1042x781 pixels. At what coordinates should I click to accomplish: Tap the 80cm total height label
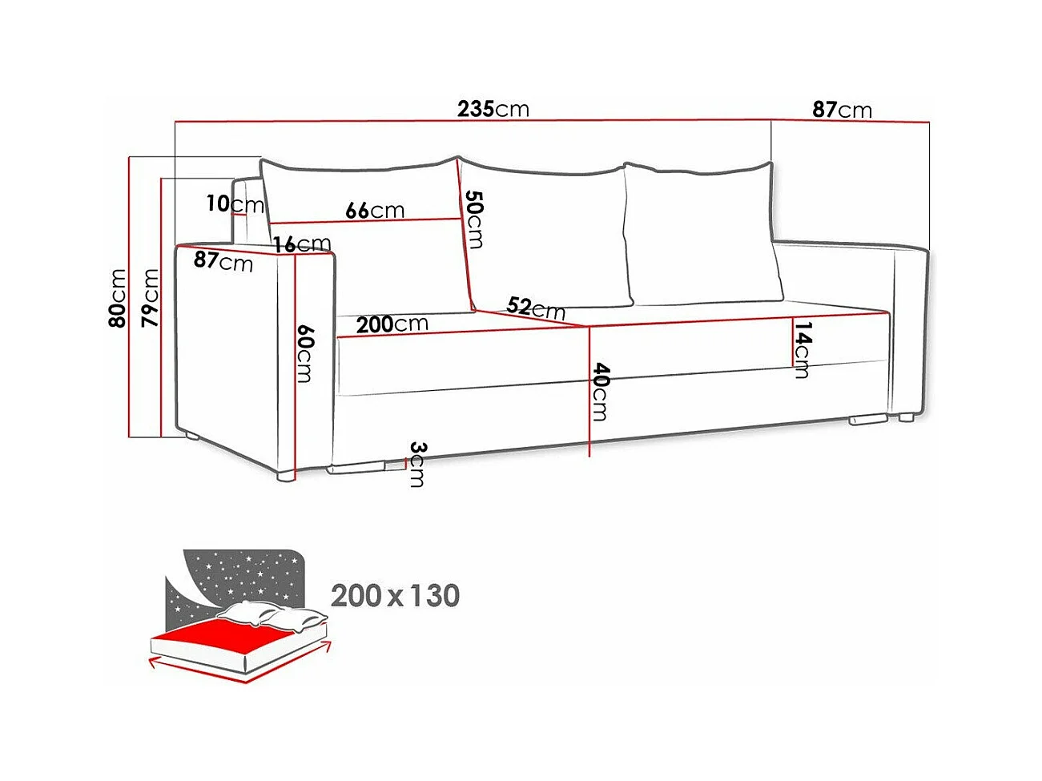(118, 298)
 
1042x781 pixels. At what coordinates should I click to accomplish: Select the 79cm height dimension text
(150, 298)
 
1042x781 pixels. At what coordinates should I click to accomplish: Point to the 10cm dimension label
(234, 204)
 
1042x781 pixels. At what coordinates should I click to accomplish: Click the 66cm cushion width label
(375, 211)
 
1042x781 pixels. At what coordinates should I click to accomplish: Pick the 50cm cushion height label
(475, 219)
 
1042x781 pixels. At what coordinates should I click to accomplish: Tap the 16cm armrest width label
(302, 244)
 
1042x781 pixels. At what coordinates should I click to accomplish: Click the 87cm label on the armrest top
(223, 261)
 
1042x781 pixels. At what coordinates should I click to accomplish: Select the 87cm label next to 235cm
(842, 110)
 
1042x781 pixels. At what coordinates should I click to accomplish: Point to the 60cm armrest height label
(304, 353)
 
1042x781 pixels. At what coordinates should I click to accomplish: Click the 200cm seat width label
(392, 324)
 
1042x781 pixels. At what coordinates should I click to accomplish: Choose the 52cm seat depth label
(536, 308)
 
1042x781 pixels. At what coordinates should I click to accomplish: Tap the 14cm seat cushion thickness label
(803, 349)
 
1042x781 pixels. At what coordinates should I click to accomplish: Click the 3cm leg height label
(416, 464)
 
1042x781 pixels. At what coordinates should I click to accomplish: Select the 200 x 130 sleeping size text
(395, 596)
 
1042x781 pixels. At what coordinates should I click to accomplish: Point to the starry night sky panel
(240, 573)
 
